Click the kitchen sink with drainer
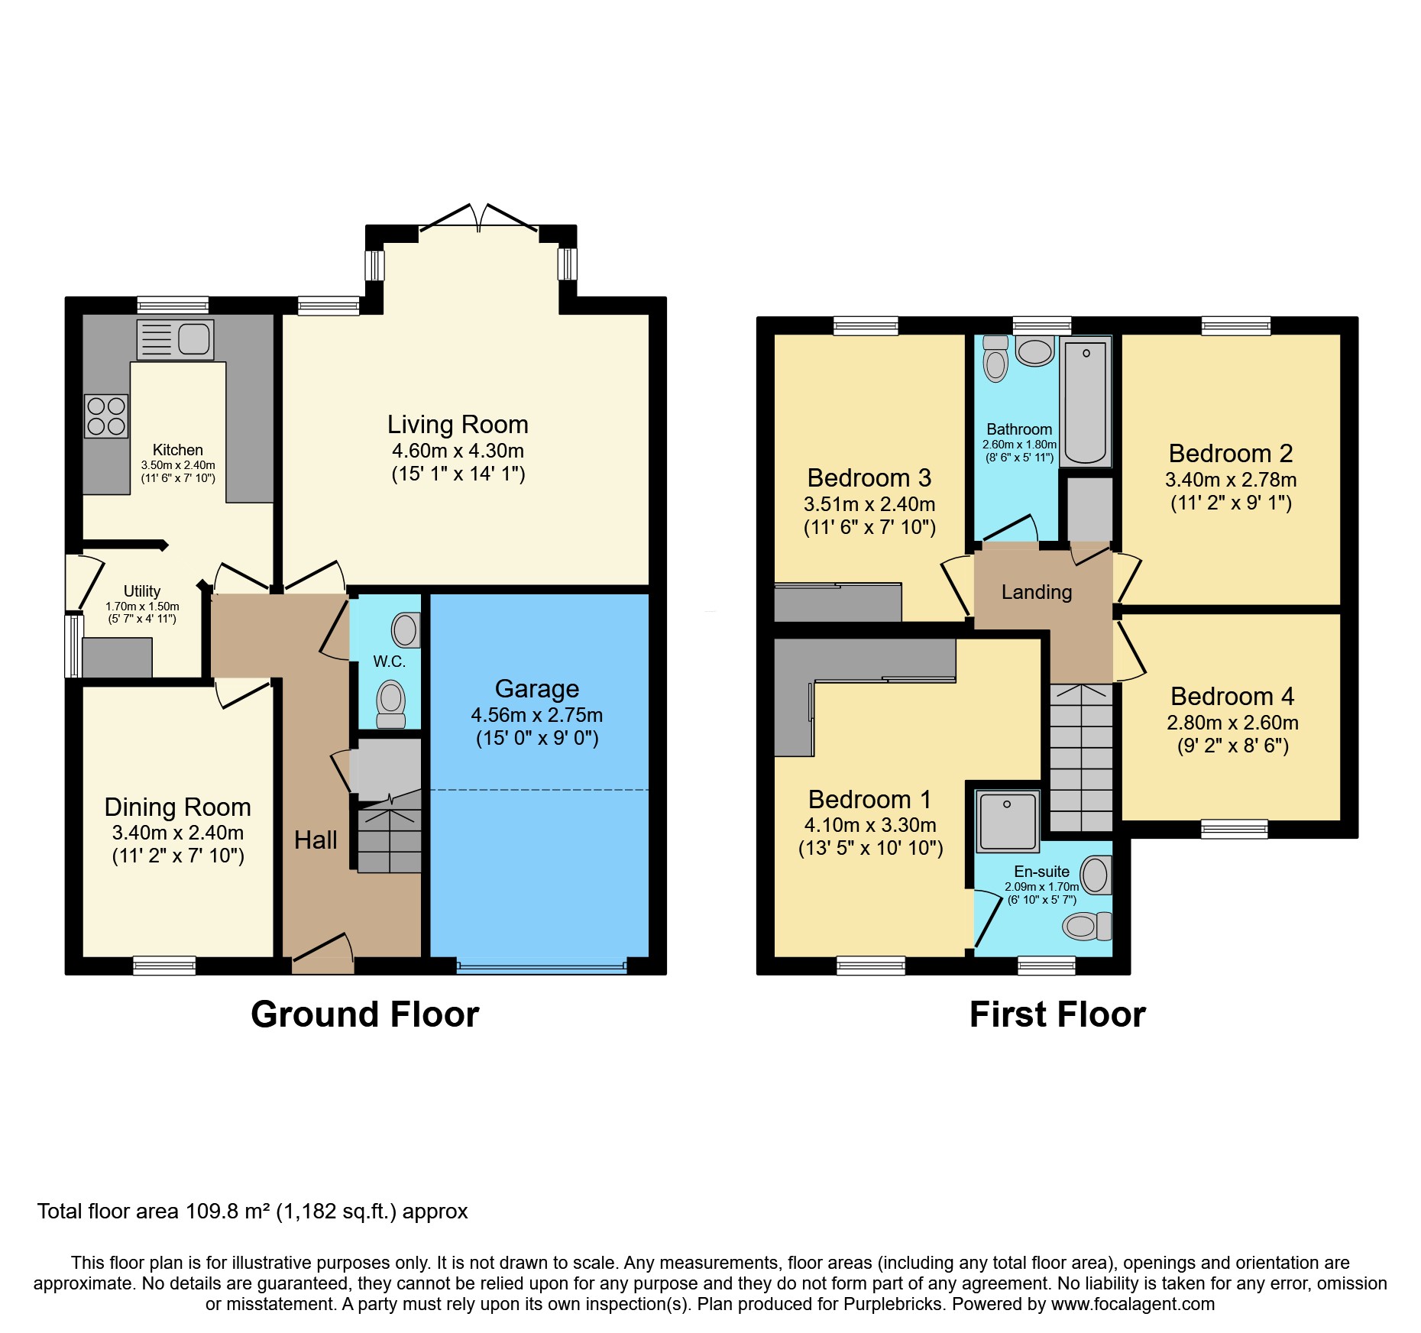click(x=175, y=340)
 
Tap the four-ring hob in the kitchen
click(x=106, y=416)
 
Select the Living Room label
click(x=458, y=425)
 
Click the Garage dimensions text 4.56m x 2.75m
click(x=536, y=716)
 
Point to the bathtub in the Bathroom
click(x=1085, y=402)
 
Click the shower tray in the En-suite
click(x=1008, y=821)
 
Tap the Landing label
click(x=1036, y=592)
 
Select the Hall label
click(x=316, y=840)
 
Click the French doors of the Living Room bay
click(x=479, y=218)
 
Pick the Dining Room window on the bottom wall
click(x=164, y=966)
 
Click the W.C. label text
click(x=389, y=662)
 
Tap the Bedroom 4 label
click(x=1232, y=697)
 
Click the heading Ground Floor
click(x=364, y=1015)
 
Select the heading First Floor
click(x=1057, y=1015)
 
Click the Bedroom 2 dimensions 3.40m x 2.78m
click(x=1230, y=480)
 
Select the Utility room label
click(x=142, y=591)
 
